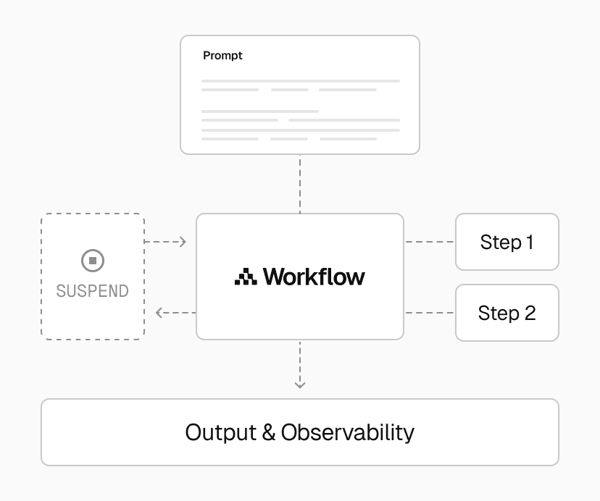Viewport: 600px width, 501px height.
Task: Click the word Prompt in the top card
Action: (222, 56)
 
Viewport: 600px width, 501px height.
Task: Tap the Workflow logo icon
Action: (246, 276)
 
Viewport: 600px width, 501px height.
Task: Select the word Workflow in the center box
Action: (314, 276)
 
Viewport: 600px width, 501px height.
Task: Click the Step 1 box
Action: (507, 242)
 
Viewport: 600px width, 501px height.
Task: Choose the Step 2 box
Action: (507, 313)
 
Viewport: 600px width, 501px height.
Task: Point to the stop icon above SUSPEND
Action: (92, 261)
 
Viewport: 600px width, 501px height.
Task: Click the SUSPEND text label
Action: (92, 291)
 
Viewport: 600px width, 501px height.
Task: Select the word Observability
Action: (348, 432)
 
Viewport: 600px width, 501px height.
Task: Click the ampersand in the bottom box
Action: (269, 433)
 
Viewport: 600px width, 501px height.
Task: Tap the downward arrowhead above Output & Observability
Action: (300, 384)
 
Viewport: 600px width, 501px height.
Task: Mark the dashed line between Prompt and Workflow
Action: (300, 184)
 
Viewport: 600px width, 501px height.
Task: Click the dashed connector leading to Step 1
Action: (429, 242)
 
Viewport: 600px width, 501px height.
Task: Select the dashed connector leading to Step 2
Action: (429, 313)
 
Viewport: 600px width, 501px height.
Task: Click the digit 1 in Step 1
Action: (529, 242)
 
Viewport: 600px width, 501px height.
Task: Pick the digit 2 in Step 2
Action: (529, 313)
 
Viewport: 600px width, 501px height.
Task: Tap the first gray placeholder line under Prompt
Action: (301, 80)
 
